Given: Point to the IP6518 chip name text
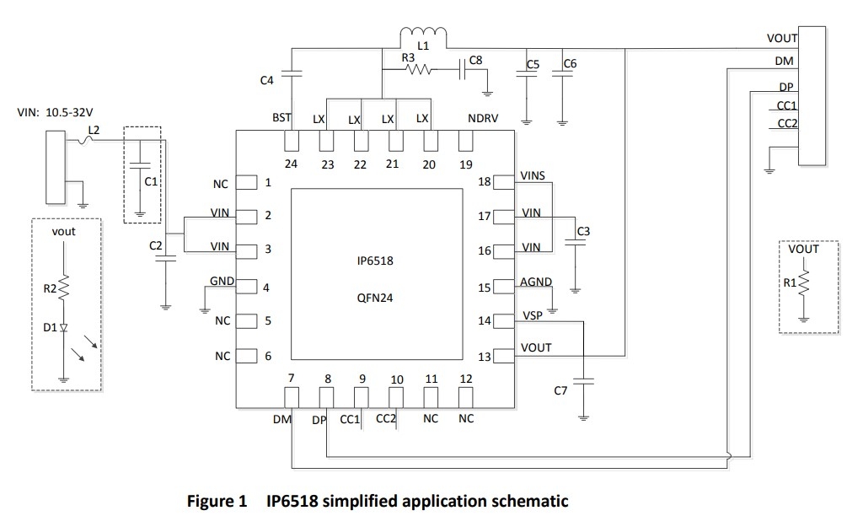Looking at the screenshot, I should tap(375, 261).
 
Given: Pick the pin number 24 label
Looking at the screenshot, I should tap(291, 164).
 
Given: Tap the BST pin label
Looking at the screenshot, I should tap(281, 119).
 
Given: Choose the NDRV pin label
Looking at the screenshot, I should tap(483, 119).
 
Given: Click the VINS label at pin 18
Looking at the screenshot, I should tap(533, 175).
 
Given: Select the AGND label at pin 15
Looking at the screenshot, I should tap(535, 282).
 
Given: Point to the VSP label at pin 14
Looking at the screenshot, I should tap(533, 314).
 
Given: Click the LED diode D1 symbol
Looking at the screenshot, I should tap(64, 327).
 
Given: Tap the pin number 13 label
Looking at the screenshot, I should tap(485, 357).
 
